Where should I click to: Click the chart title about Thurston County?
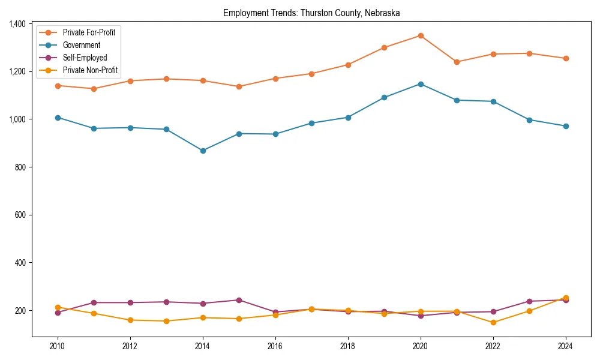[311, 13]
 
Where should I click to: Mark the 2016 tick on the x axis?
[275, 346]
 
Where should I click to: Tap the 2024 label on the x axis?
[565, 346]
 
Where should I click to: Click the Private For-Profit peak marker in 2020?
[421, 35]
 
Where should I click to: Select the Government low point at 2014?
[203, 151]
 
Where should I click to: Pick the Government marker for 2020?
[421, 84]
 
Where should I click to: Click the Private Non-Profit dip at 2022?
[493, 322]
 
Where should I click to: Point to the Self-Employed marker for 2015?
[239, 300]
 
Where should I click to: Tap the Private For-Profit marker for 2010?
[58, 86]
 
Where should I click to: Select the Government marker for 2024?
[565, 126]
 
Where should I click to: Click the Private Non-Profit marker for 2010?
[58, 307]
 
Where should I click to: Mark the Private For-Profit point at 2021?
[457, 62]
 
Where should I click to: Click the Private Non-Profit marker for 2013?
[166, 321]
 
